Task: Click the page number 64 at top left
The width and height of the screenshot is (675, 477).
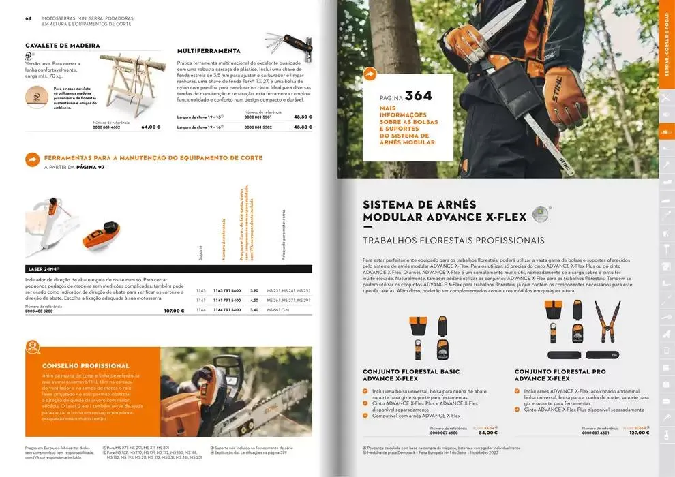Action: (x=29, y=18)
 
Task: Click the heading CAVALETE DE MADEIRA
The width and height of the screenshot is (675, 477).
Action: (x=63, y=46)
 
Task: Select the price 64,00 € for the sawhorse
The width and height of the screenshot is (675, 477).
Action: (x=151, y=127)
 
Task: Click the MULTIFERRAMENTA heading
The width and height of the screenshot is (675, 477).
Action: (x=209, y=50)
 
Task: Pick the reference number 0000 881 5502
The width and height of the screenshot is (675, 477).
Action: (x=258, y=127)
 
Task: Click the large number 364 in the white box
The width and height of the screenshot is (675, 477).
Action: (x=418, y=96)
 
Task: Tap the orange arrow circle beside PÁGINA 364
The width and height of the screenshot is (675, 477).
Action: (x=370, y=74)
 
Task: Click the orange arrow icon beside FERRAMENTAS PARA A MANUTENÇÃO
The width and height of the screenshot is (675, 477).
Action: (x=32, y=159)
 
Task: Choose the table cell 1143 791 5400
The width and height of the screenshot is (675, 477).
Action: (x=227, y=290)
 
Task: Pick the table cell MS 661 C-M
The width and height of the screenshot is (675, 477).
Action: (x=277, y=310)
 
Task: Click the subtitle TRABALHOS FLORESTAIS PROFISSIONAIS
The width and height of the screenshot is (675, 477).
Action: (x=453, y=241)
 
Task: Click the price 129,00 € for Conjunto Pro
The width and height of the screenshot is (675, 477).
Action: (x=639, y=433)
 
